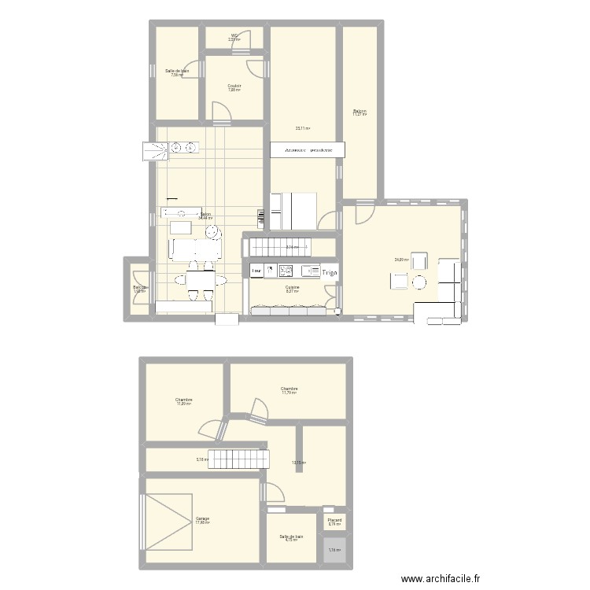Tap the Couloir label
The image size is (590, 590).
[x=234, y=87]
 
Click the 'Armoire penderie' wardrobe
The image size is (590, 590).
[x=302, y=149]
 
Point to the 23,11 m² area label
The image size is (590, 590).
[x=302, y=128]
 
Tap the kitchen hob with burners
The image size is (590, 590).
[x=286, y=271]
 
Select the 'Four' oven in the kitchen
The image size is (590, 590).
[x=256, y=271]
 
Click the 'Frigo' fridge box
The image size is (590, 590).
[x=330, y=272]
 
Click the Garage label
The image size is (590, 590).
[x=202, y=520]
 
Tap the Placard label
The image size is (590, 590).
[x=334, y=521]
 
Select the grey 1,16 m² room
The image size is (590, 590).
[x=334, y=549]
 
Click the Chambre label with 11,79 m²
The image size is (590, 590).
[x=289, y=390]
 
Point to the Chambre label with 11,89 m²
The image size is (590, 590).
[x=184, y=401]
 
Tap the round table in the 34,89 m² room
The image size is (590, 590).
[x=419, y=282]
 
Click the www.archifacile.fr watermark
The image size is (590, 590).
[x=440, y=579]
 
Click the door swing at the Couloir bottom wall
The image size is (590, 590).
[x=223, y=113]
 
